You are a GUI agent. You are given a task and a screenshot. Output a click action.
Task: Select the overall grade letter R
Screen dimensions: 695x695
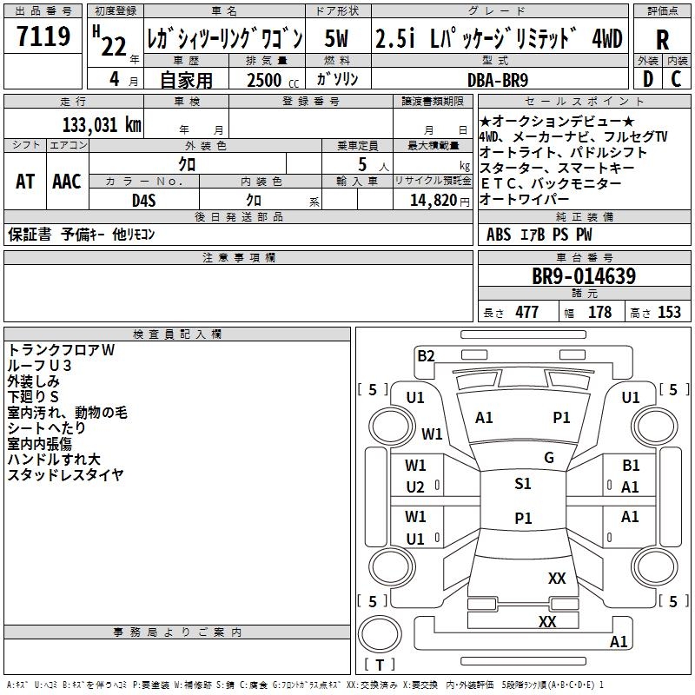(662, 39)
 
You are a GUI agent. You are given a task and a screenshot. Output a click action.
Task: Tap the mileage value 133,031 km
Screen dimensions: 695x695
(102, 124)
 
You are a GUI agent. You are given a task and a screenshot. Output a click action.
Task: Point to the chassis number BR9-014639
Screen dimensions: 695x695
(584, 277)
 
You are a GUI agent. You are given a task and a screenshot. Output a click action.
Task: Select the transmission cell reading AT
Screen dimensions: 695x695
(25, 181)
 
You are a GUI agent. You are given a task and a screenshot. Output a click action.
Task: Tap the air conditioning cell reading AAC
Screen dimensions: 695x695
(66, 181)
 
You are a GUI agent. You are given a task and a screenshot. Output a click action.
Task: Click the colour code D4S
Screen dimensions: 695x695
(143, 200)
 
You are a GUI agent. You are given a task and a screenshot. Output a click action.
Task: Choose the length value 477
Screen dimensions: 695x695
(526, 313)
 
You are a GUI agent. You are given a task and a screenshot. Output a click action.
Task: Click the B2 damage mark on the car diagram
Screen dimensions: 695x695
(426, 355)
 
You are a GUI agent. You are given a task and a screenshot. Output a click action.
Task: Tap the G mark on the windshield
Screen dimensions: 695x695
(549, 458)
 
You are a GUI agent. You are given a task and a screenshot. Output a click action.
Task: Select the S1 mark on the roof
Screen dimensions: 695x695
(523, 484)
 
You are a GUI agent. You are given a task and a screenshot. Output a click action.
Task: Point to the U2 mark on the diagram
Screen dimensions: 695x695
(415, 487)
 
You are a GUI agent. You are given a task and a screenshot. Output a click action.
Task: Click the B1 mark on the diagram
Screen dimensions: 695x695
(631, 467)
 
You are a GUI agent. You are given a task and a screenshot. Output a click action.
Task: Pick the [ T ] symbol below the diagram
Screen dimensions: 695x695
(380, 665)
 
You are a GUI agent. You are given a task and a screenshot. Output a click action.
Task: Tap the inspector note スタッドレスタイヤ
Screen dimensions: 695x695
(65, 475)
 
